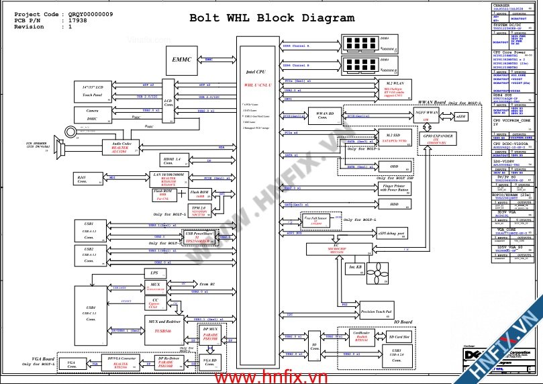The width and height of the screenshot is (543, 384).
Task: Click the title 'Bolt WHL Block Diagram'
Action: pos(272,18)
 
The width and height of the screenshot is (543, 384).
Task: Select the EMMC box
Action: pos(182,60)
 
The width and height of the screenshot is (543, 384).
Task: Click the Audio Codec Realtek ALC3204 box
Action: pos(121,147)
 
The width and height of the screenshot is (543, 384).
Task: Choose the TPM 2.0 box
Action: pos(198,212)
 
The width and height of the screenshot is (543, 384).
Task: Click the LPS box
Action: pos(154,273)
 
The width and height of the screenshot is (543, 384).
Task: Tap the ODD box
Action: pos(394,166)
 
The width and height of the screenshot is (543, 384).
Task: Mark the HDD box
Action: pos(394,204)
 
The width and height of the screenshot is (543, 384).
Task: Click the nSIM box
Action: pos(461,117)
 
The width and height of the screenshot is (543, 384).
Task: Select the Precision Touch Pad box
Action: pos(377,311)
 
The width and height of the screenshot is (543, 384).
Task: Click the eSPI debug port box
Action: pos(390,234)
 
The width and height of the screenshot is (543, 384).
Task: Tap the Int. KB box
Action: pos(355,267)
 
